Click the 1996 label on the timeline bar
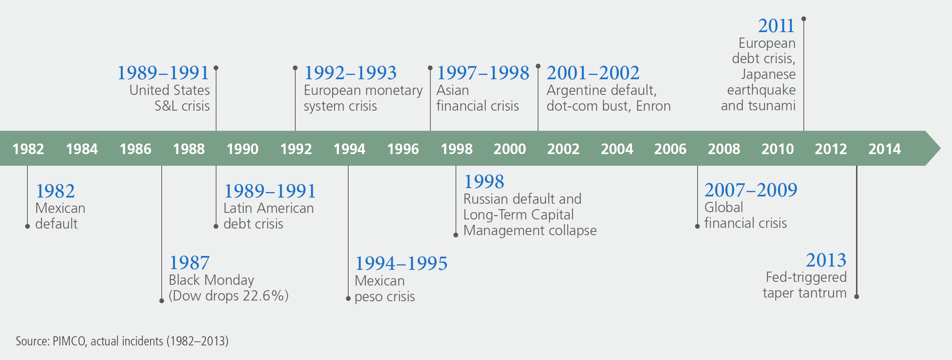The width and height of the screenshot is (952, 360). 403,149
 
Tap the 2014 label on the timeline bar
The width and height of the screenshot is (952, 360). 884,149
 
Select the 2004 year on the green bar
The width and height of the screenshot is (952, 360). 617,149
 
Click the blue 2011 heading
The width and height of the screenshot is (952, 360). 776,26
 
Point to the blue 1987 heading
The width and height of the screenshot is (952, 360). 189,263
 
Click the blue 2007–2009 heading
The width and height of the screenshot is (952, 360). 751,190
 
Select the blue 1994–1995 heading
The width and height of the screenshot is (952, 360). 401,263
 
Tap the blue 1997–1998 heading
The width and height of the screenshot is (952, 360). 483,72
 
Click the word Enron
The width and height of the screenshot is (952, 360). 653,106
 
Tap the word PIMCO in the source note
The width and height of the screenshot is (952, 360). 69,341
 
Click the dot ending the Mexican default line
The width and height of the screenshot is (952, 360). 27,226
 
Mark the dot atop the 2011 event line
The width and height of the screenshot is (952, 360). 803,19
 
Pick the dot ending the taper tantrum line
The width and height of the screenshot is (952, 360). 857,296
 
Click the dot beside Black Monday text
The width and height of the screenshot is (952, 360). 161,301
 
